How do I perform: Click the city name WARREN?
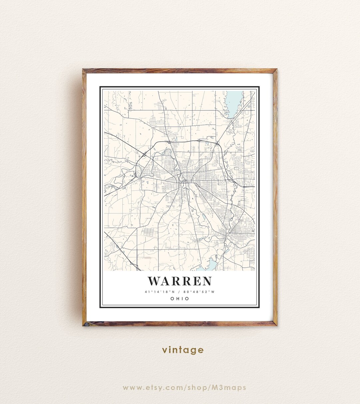[x=180, y=281]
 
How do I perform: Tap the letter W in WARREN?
[x=155, y=281]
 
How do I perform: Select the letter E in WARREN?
[x=196, y=281]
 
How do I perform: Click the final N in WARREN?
[x=206, y=281]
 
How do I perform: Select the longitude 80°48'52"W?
[x=199, y=292]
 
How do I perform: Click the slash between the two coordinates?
[x=179, y=292]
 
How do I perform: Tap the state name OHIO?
[x=180, y=299]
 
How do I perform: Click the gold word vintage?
[x=183, y=350]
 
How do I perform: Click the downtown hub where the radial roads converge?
[x=183, y=182]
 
